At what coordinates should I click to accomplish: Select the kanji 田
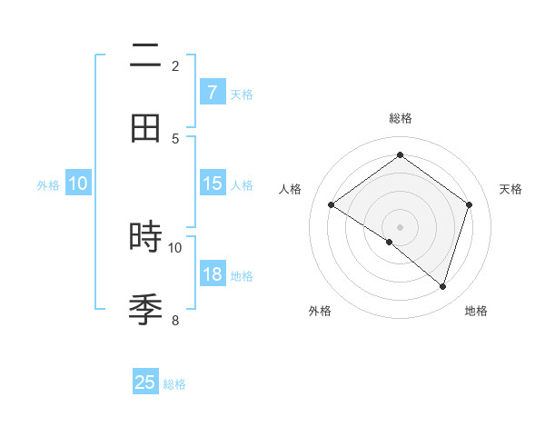[145, 129]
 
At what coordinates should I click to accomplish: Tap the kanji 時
[145, 238]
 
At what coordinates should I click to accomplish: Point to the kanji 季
[145, 310]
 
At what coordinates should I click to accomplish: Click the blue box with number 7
[212, 93]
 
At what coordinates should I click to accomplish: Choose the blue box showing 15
[212, 184]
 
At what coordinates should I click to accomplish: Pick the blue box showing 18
[212, 274]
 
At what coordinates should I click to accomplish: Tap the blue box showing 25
[145, 382]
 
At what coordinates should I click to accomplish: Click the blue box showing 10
[78, 184]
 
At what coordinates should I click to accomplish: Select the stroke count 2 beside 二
[175, 65]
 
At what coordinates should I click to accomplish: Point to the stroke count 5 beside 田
[175, 138]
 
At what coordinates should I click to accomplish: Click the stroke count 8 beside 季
[175, 320]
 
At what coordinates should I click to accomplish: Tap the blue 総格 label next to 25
[174, 383]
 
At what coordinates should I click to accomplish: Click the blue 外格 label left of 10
[48, 184]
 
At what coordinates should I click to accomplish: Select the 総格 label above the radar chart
[400, 118]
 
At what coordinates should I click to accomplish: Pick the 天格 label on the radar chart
[510, 189]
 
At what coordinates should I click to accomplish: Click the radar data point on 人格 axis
[331, 204]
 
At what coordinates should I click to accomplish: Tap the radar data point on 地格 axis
[442, 286]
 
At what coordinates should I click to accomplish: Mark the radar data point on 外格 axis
[390, 242]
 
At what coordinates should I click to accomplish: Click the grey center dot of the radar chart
[400, 226]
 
